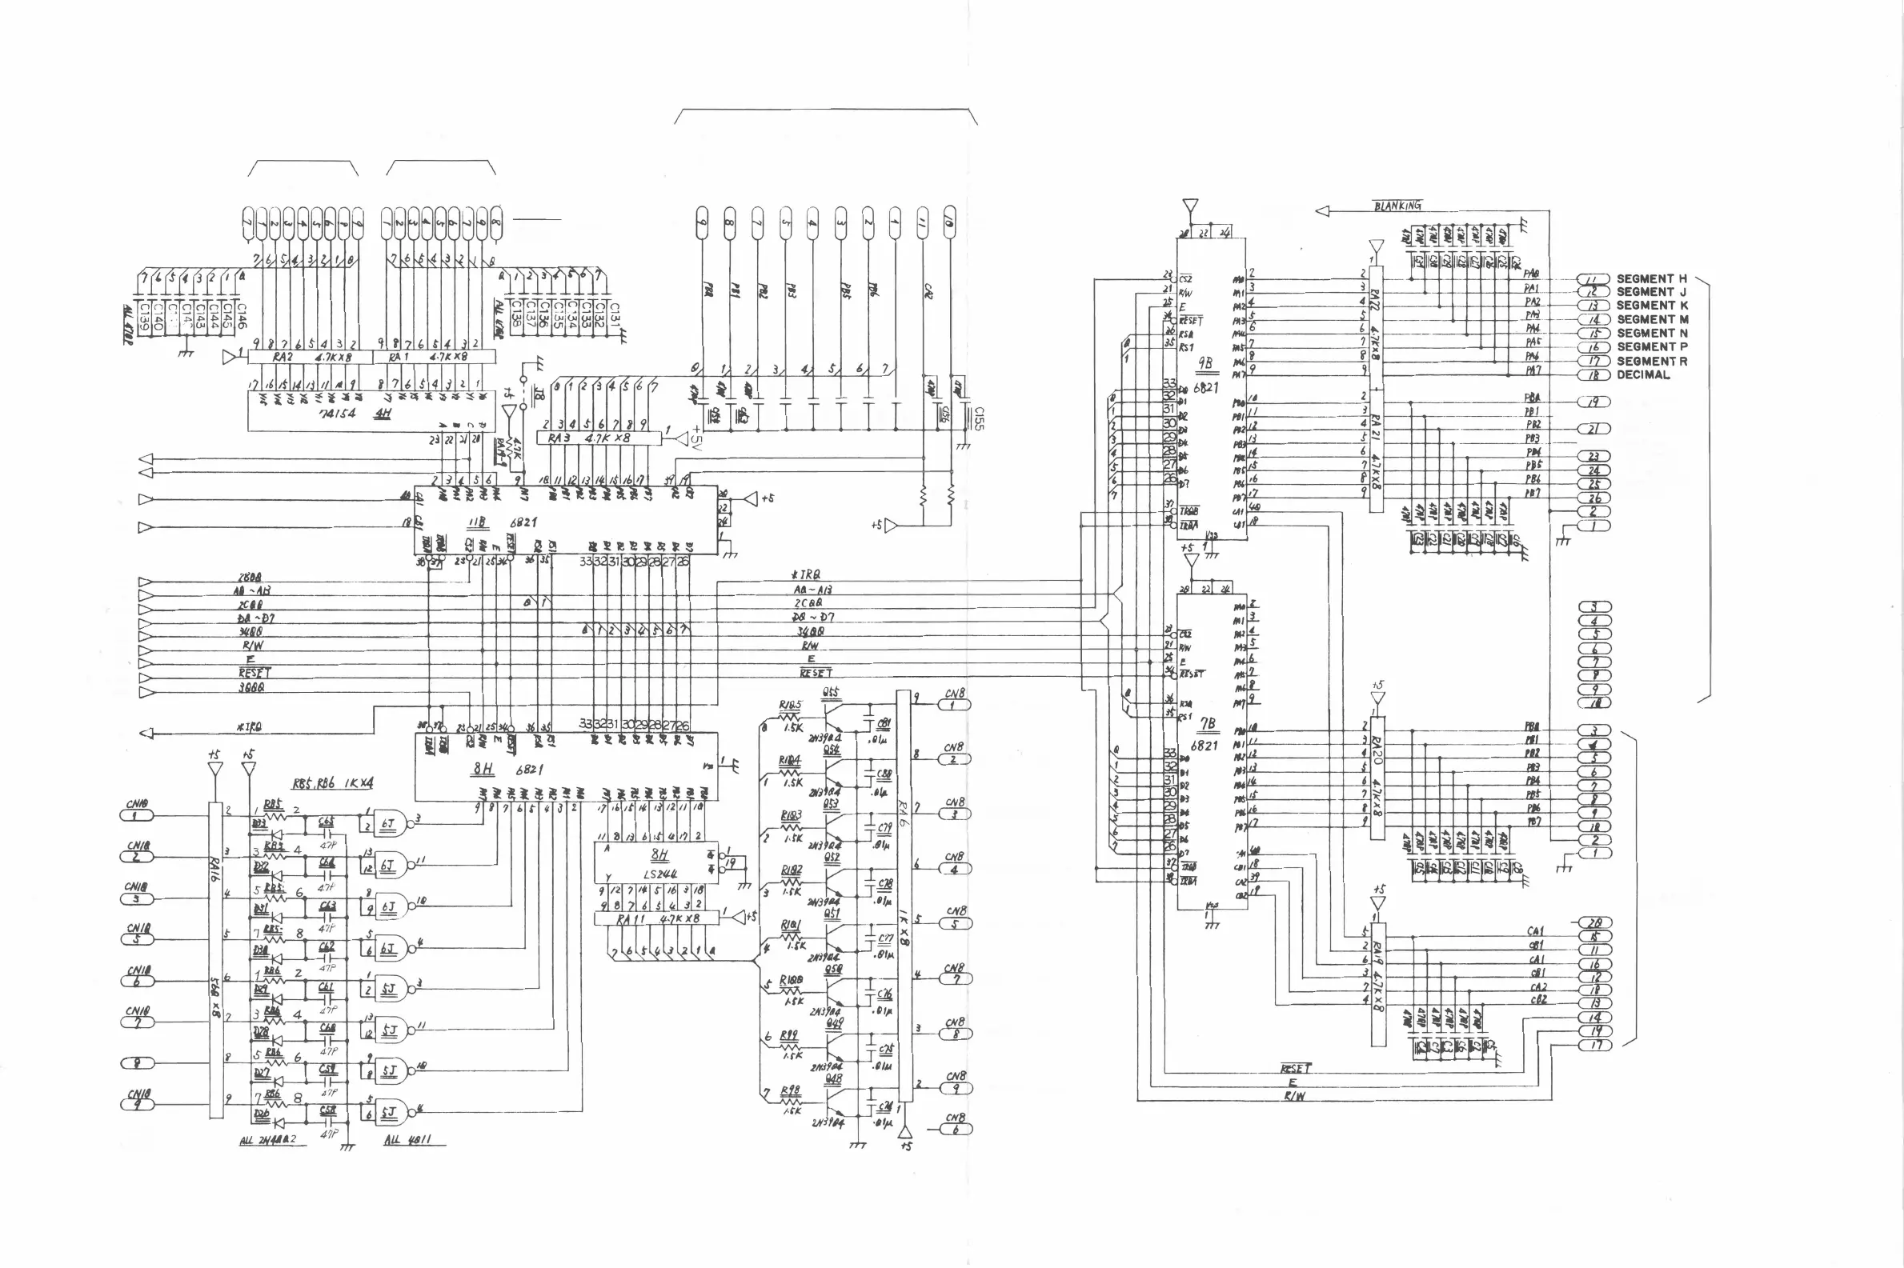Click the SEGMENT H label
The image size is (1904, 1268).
point(1651,279)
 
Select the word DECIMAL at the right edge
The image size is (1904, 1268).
point(1643,375)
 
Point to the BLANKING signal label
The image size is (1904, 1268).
point(1397,206)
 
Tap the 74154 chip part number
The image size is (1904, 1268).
point(337,414)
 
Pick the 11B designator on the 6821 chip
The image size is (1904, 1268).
point(476,522)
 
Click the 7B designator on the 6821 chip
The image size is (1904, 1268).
point(1206,725)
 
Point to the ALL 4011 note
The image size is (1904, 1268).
point(407,1139)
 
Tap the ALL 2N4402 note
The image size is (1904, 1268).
point(268,1140)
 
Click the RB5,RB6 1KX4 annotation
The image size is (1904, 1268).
point(332,784)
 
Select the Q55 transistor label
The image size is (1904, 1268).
point(831,693)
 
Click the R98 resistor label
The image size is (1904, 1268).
point(789,1091)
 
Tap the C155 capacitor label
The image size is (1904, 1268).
point(979,418)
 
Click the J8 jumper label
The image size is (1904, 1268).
point(539,395)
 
